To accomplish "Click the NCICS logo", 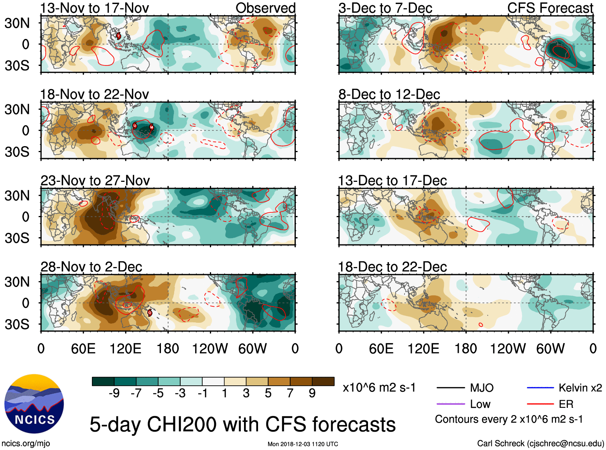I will tap(34, 404).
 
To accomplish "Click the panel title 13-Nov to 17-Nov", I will tap(95, 8).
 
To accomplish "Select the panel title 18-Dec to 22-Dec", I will tap(392, 267).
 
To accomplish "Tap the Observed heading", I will tap(265, 8).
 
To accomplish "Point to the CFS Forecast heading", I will tap(550, 8).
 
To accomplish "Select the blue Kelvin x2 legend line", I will tap(540, 387).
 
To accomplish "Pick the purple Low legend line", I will tap(450, 404).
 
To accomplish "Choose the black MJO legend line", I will tap(450, 388).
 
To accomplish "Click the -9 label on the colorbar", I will tap(114, 393).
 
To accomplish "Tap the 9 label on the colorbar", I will tap(312, 393).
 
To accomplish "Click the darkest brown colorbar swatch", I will tap(323, 381).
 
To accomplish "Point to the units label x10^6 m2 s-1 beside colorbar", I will tap(379, 387).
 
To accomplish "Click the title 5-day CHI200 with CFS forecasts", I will tap(242, 424).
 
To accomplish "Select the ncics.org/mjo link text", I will tap(26, 443).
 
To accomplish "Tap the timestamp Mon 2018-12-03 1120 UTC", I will tap(303, 444).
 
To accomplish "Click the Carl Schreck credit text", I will tap(540, 443).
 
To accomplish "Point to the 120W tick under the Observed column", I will tap(210, 348).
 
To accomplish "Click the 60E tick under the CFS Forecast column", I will tap(381, 348).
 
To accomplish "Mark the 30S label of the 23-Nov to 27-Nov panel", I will tap(17, 238).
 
